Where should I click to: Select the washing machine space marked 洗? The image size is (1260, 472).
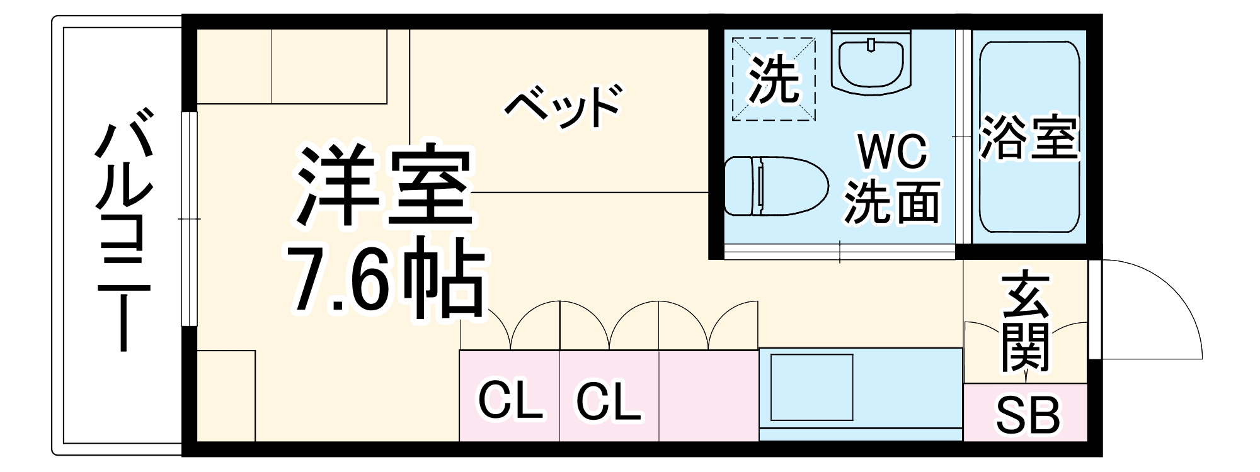774,79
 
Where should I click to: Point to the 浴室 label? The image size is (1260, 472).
1029,137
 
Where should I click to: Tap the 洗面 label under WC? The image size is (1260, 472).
893,203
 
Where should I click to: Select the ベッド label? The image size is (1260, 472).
563,107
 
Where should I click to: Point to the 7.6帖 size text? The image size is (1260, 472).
386,279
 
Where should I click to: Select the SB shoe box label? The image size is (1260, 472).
1027,415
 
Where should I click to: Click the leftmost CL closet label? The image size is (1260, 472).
510,400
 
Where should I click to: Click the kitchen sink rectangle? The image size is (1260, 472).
811,387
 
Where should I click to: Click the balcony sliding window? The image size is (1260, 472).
189,219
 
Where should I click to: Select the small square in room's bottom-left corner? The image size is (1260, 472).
226,396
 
